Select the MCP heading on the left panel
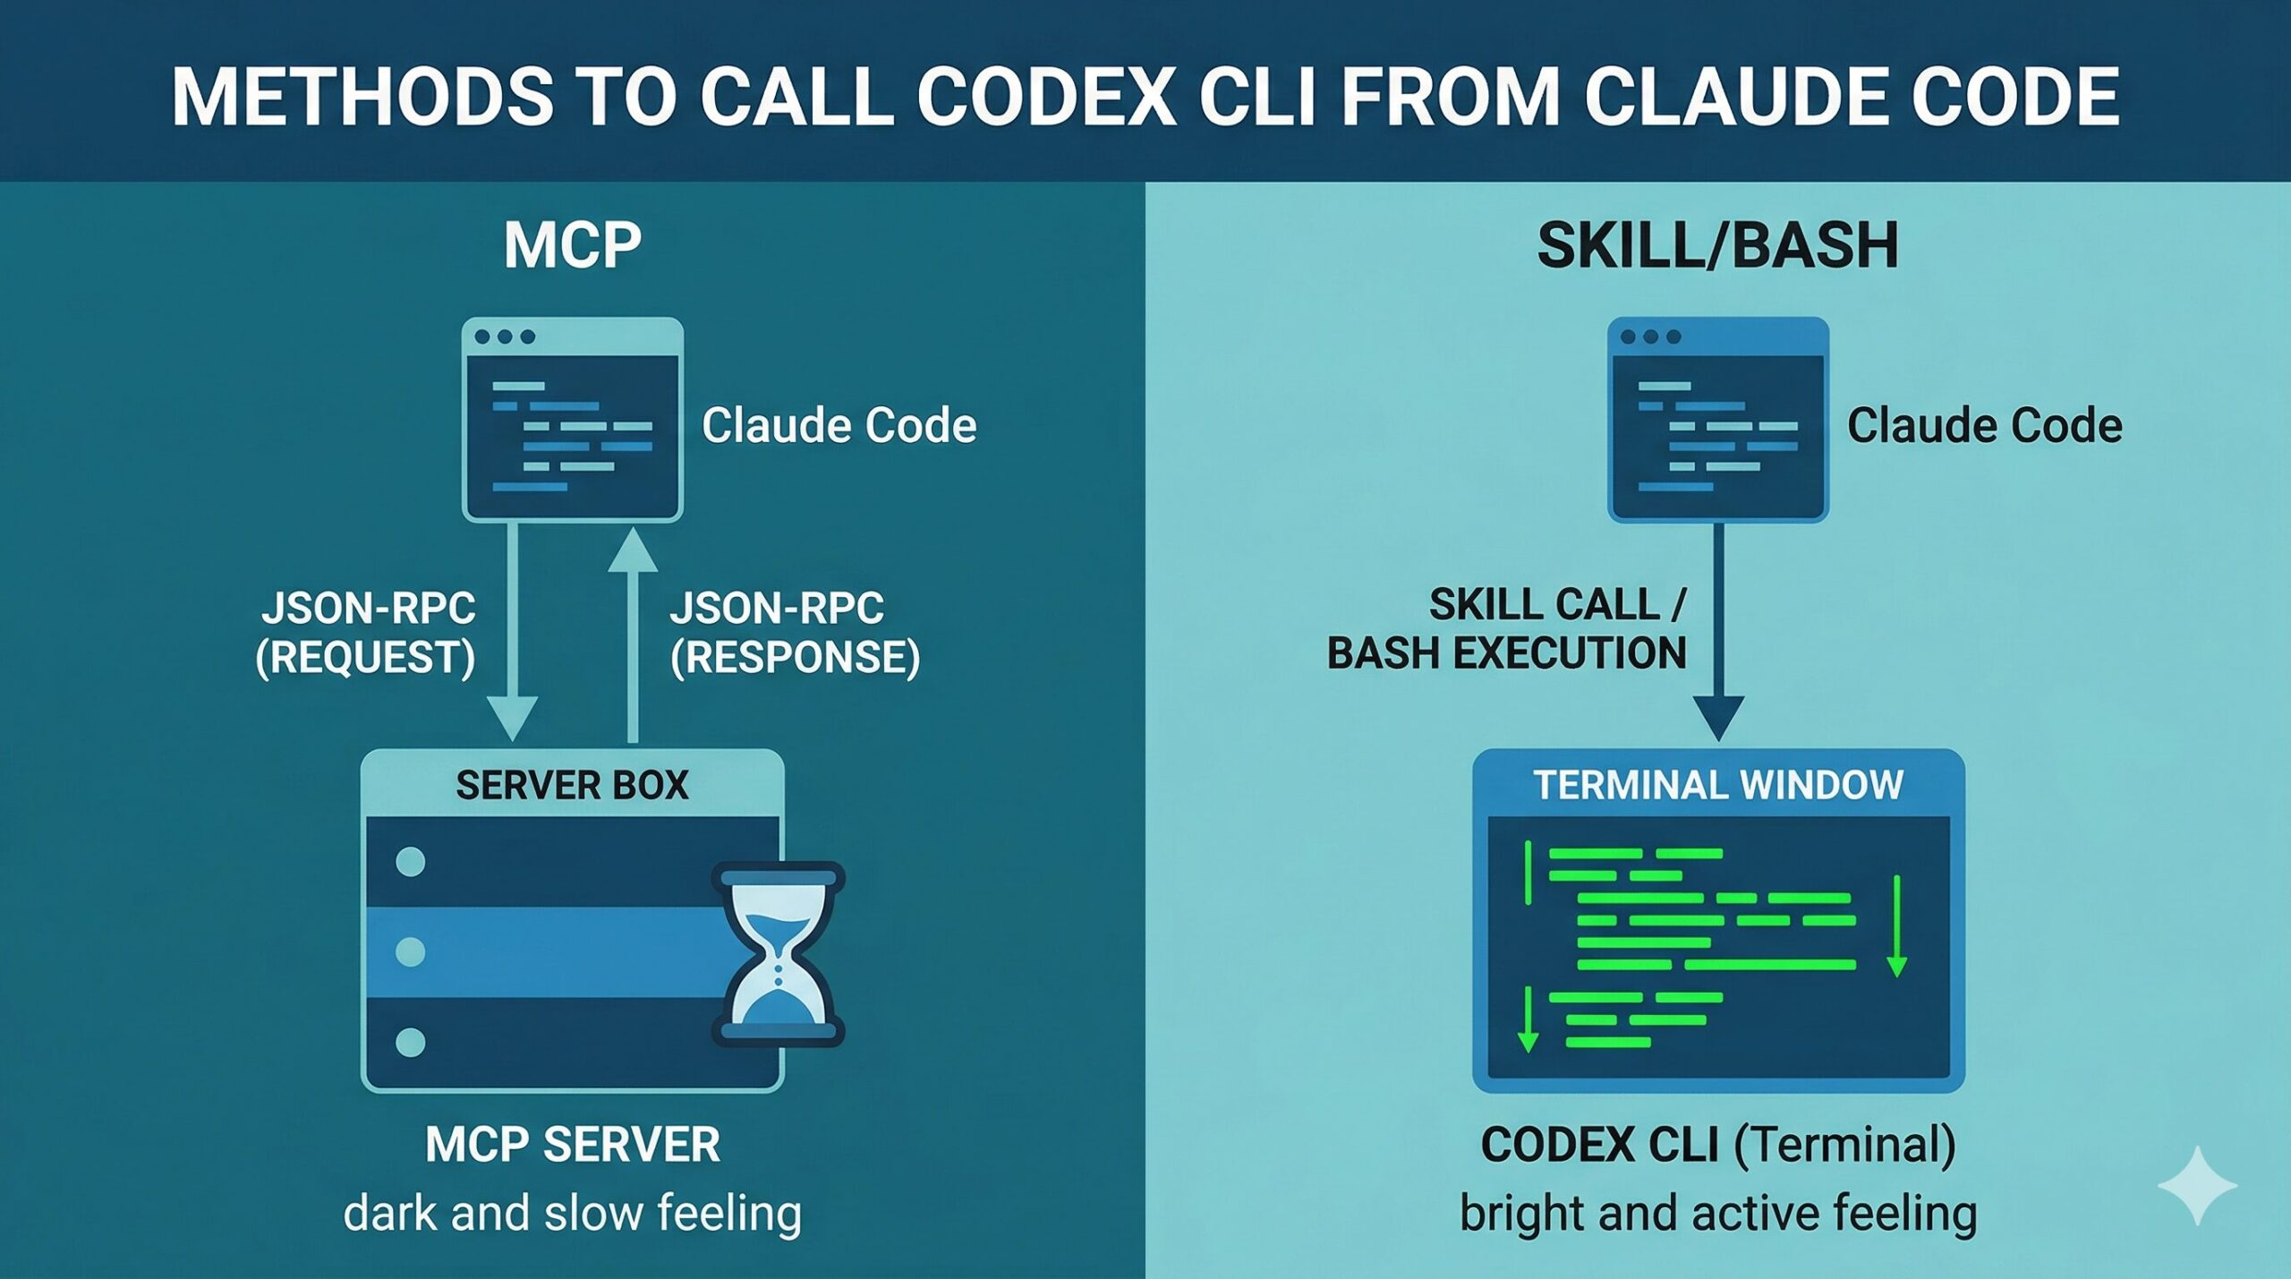coord(573,244)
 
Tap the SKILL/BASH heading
coord(1717,244)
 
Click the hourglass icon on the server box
coord(778,954)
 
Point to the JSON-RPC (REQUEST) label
coord(365,632)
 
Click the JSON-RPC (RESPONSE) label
coord(795,632)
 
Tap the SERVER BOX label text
coord(573,785)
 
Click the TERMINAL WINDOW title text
coord(1718,785)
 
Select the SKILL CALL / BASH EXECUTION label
coord(1507,628)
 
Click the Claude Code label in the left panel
coord(839,424)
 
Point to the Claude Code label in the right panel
coord(1984,424)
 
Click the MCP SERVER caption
coord(573,1144)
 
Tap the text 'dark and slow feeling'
coord(573,1214)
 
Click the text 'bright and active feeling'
coord(1718,1214)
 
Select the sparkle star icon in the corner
coord(2197,1185)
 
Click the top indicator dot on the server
coord(411,862)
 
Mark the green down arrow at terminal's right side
coord(1896,926)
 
